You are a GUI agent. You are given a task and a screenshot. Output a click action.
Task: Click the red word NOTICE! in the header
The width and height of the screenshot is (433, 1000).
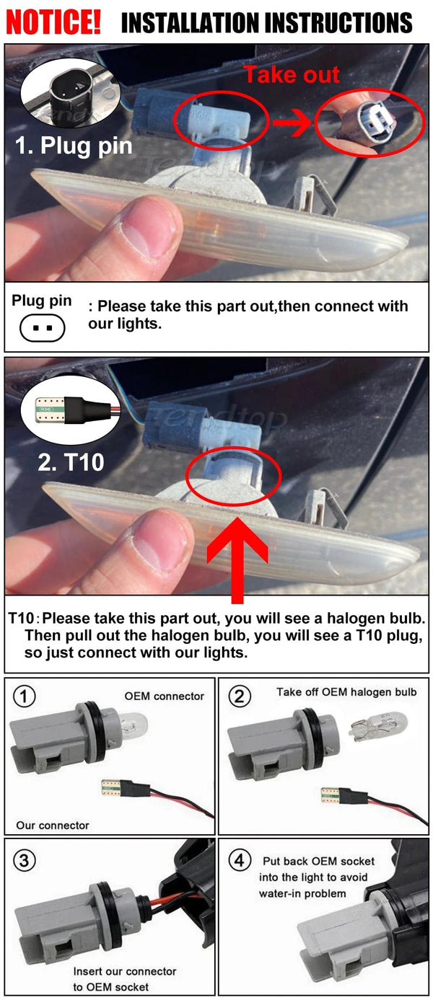pos(53,22)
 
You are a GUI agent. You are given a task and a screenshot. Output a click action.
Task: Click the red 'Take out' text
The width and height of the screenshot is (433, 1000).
pos(291,74)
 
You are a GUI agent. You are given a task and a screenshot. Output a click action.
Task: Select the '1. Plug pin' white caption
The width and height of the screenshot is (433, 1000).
pos(74,146)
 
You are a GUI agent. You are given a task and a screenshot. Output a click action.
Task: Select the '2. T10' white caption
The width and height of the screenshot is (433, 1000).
pos(71,461)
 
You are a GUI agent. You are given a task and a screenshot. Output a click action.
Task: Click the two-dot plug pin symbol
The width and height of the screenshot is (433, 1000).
pos(43,329)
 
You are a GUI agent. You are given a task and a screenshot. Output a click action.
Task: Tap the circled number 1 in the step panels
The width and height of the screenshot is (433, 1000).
pos(26,696)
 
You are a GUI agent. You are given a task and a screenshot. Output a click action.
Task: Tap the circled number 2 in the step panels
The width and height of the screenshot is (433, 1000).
pos(240,696)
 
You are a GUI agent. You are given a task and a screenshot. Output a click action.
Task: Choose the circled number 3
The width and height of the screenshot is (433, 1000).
pos(26,859)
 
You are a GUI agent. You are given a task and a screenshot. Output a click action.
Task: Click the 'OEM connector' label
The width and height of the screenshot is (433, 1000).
pos(164,696)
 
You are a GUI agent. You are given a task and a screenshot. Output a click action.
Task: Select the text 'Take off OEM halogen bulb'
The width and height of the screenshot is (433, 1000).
pos(346,692)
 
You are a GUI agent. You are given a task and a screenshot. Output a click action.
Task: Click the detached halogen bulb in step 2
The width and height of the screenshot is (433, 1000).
pos(380,724)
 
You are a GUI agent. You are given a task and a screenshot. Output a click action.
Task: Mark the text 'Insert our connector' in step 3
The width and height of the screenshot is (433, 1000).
pos(124,972)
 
